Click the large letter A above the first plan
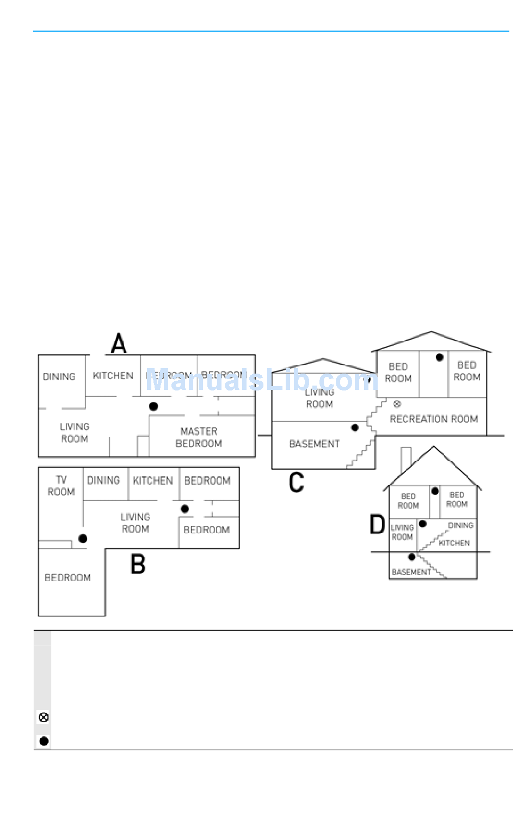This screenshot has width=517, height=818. point(119,344)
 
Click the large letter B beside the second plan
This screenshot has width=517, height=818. point(138,564)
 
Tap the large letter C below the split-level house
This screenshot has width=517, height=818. point(296,483)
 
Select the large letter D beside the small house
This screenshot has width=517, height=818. point(377,525)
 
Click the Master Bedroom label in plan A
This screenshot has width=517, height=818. point(199,437)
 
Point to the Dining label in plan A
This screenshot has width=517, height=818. point(59,377)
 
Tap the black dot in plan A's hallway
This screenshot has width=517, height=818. point(153,406)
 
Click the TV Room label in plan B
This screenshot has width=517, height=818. point(61,486)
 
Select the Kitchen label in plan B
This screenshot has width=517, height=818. point(153,480)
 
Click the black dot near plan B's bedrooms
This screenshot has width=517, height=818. point(184,509)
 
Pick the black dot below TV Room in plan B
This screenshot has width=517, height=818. point(83,539)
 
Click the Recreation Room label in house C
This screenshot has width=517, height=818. point(434,419)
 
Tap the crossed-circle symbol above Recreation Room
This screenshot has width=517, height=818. point(397,404)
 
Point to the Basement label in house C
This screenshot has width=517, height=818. point(315,444)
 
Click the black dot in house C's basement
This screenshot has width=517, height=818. point(355,428)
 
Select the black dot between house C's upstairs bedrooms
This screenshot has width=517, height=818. point(440,358)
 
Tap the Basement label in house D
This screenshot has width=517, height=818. point(411,572)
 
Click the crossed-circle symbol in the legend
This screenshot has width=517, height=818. point(44,717)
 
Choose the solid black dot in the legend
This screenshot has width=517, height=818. point(44,741)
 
